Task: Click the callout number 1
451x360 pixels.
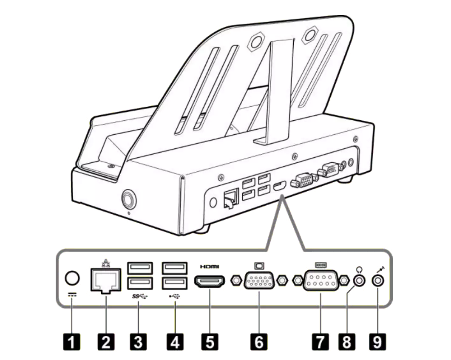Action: [x=71, y=342]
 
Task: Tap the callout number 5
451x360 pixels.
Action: [x=210, y=342]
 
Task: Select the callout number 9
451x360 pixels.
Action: [x=377, y=342]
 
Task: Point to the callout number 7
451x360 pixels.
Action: [x=320, y=342]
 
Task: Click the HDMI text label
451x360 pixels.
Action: [x=210, y=267]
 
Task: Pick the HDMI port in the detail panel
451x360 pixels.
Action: [x=210, y=281]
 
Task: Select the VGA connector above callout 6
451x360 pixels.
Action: [x=259, y=280]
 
